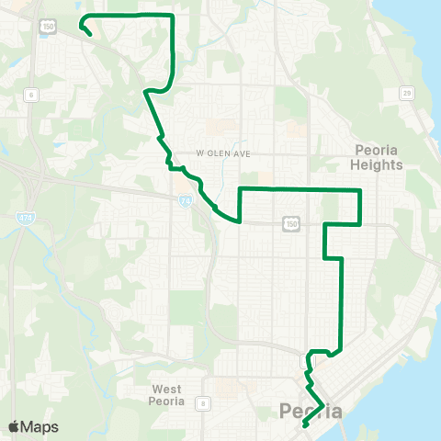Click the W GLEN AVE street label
click(x=222, y=153)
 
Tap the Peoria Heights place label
click(x=377, y=158)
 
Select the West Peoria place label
click(x=168, y=395)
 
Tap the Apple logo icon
click(x=14, y=427)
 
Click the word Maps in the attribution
click(x=40, y=427)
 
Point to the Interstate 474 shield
click(x=25, y=217)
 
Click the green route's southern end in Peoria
click(x=303, y=425)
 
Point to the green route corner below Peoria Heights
click(x=360, y=223)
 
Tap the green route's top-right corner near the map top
click(x=173, y=17)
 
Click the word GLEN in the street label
click(x=223, y=153)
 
